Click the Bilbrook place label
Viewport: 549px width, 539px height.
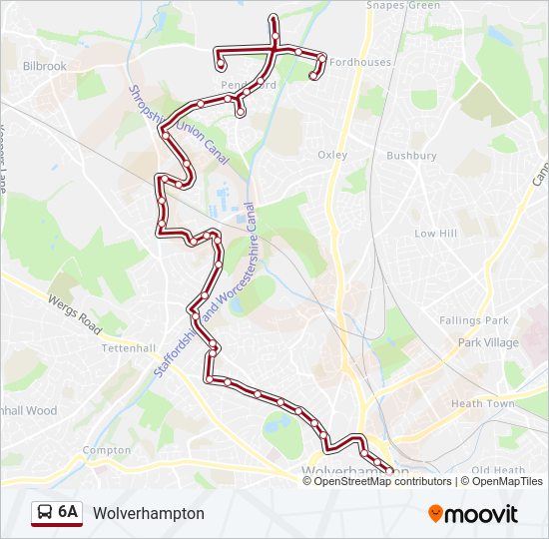(44, 66)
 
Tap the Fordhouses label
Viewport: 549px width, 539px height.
(360, 62)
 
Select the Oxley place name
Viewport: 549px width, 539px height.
(331, 155)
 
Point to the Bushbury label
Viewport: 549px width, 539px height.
(411, 156)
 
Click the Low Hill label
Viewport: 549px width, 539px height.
(435, 233)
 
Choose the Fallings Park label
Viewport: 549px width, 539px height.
(473, 320)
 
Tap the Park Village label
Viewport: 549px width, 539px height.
(488, 342)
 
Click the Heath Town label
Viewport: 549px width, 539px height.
(481, 403)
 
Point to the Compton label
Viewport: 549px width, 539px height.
(106, 450)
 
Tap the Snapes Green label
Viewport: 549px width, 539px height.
(402, 6)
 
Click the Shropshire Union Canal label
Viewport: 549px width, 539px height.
(179, 126)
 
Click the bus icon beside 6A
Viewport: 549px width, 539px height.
(45, 513)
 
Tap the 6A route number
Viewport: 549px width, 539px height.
(68, 512)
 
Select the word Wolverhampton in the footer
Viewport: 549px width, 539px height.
(149, 513)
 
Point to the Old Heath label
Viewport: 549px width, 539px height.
(498, 470)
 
